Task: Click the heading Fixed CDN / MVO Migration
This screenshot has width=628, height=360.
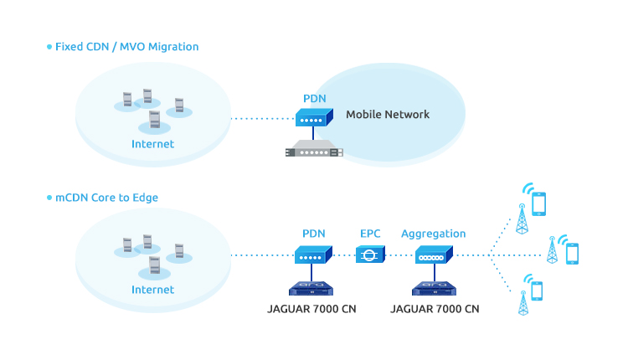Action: point(126,47)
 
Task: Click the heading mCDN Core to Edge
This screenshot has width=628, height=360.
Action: point(106,198)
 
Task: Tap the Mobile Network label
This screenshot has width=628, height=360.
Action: point(388,115)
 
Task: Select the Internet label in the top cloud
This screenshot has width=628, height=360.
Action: point(153,144)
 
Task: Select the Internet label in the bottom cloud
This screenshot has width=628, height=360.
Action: point(153,290)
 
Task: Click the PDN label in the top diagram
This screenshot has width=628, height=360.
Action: point(314,98)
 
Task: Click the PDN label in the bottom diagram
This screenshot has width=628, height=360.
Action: point(314,234)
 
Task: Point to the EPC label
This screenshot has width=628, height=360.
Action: point(370,234)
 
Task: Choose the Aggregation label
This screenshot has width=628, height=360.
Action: point(433,234)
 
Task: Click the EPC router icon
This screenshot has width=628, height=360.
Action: point(370,254)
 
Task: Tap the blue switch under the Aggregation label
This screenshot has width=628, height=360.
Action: point(434,255)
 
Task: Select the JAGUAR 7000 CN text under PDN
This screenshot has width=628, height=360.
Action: point(311,309)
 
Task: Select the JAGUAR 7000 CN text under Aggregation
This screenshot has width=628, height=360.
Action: point(435,309)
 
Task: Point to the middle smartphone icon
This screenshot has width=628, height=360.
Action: point(573,254)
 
